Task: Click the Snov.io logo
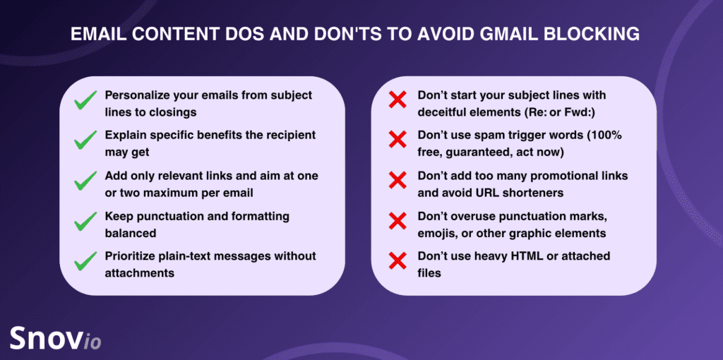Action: coord(55,338)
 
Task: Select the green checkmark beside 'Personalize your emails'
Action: coord(85,101)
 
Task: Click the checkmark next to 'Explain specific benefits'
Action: coord(85,140)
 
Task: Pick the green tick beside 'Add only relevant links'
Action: coord(85,181)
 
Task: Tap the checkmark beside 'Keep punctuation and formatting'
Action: coord(85,222)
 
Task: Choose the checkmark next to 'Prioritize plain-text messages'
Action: coord(85,262)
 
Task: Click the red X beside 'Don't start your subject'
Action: coord(398,100)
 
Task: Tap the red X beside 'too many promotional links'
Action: coord(398,180)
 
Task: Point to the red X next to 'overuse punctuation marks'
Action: coord(398,221)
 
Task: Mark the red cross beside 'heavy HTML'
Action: coord(398,261)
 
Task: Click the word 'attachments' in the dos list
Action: coord(140,272)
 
